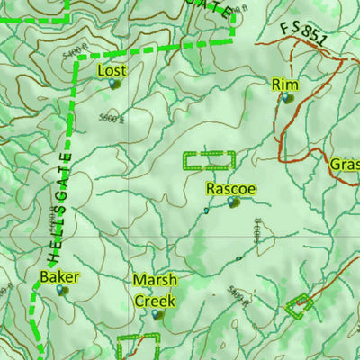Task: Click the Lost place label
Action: (112, 70)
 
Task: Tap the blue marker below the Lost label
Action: (113, 84)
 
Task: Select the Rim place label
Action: (284, 85)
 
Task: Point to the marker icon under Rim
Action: (286, 97)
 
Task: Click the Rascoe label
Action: (231, 189)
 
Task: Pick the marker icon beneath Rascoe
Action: (234, 202)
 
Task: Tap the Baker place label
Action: (59, 276)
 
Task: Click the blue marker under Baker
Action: (61, 290)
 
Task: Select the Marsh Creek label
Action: (155, 290)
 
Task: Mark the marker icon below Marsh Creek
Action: (157, 314)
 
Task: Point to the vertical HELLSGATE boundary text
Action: (63, 207)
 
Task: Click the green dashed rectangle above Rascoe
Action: (208, 161)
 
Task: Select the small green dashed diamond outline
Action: (300, 306)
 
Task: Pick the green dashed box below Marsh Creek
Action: (139, 346)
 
